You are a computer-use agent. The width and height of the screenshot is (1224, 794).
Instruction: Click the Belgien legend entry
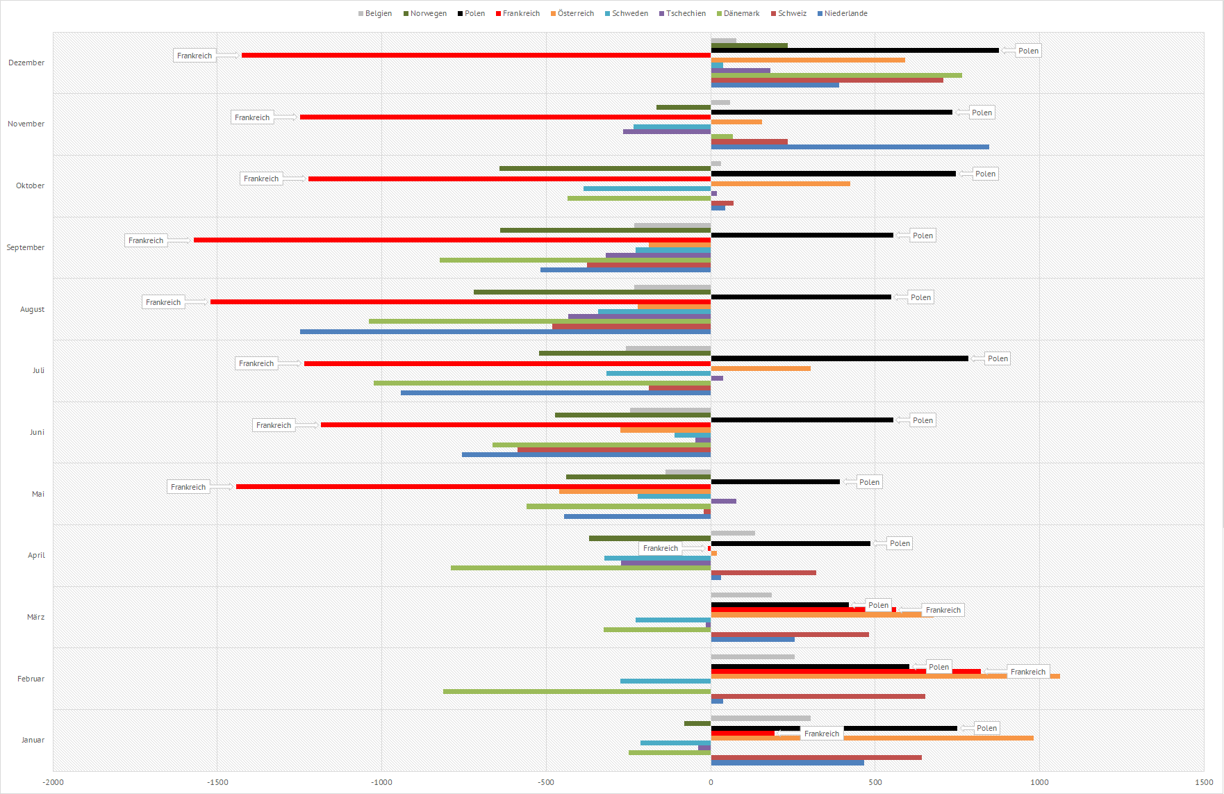point(375,13)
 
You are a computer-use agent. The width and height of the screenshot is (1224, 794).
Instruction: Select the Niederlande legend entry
point(843,13)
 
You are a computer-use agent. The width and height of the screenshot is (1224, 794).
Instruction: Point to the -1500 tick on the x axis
point(217,782)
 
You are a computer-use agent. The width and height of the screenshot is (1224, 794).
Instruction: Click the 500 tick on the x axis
point(875,782)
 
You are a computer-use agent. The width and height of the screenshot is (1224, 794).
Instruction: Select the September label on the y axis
point(26,247)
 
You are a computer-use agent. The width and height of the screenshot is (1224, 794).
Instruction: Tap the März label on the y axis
point(35,617)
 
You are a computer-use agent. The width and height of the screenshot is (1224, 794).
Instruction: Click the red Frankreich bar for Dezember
point(476,55)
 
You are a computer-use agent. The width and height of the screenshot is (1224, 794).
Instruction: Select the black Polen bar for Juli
point(839,358)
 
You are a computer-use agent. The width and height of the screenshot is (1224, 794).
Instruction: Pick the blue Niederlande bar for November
point(850,147)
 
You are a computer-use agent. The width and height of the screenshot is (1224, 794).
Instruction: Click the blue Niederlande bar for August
point(505,331)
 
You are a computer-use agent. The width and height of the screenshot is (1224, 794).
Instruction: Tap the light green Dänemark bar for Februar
point(577,691)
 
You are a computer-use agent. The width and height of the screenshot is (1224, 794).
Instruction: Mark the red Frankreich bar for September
point(452,240)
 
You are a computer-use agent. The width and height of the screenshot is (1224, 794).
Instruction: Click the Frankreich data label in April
point(660,548)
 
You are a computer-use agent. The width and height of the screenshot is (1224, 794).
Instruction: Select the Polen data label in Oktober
point(985,174)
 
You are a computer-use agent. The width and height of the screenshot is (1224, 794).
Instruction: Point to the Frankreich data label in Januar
point(821,734)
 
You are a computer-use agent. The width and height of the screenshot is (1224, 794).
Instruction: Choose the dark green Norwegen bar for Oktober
point(604,168)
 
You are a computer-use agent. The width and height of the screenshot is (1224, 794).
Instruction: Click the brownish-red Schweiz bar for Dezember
point(827,80)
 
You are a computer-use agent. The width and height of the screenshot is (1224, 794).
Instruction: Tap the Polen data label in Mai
point(869,482)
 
